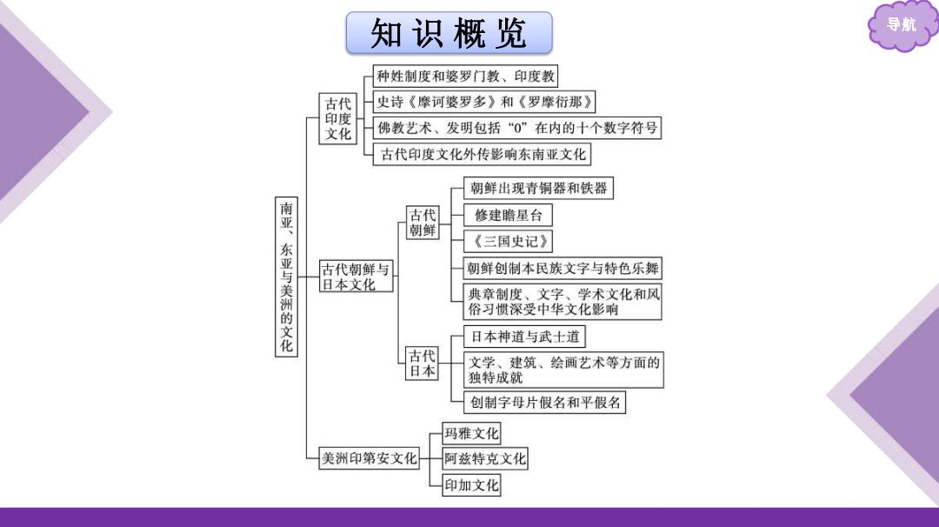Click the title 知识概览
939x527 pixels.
click(449, 33)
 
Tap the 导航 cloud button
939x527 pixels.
click(901, 25)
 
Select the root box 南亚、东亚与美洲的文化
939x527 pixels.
click(286, 276)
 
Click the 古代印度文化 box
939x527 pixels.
click(337, 118)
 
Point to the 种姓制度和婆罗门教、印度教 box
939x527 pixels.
click(465, 76)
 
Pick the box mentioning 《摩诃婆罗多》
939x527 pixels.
click(484, 102)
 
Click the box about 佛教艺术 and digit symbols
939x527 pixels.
click(516, 128)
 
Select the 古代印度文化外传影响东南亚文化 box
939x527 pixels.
click(482, 154)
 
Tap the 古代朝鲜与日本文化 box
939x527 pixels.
click(356, 277)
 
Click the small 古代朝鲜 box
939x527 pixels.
click(423, 223)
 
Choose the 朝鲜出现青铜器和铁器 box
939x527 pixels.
click(538, 188)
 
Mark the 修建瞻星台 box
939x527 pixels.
click(508, 215)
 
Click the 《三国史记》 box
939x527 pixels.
click(508, 242)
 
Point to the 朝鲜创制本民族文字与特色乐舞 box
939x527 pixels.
click(563, 269)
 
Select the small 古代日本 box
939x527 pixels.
click(422, 364)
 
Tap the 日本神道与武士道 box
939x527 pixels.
click(524, 337)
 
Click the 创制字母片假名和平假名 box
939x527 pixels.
click(544, 403)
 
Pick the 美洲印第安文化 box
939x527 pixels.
click(369, 458)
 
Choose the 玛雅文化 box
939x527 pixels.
click(471, 433)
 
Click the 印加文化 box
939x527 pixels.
click(471, 485)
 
